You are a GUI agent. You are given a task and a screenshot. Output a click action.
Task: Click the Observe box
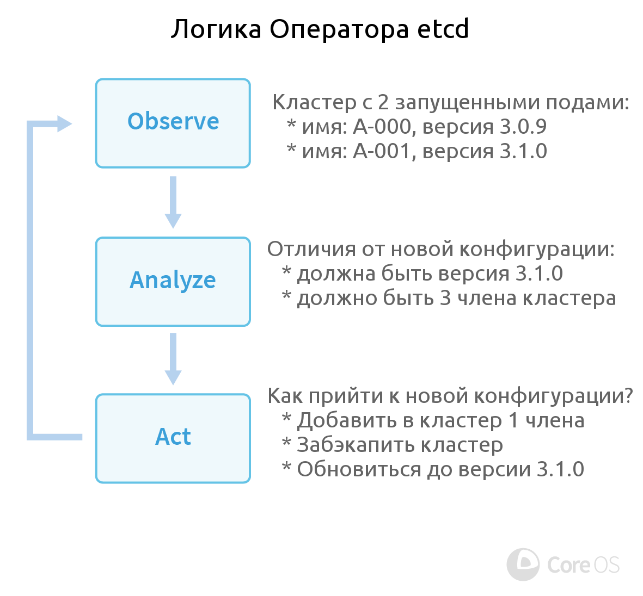tap(173, 123)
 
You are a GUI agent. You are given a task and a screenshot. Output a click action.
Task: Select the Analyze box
tap(173, 281)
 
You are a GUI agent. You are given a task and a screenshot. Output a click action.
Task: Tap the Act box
tap(173, 438)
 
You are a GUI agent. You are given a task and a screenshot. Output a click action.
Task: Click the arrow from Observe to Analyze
tap(173, 202)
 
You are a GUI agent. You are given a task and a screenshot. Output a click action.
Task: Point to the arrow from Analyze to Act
tap(173, 359)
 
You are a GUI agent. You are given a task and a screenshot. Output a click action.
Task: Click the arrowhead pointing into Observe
tap(64, 123)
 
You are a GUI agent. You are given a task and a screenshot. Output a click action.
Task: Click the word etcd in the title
tap(443, 29)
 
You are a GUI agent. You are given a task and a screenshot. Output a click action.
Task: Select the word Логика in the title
tap(216, 29)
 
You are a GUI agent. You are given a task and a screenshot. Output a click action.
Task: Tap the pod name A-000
tap(382, 127)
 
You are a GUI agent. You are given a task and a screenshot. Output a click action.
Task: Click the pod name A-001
tap(382, 151)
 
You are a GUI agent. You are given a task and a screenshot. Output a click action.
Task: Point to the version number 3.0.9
tap(523, 127)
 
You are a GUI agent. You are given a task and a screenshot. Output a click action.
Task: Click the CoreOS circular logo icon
tap(523, 564)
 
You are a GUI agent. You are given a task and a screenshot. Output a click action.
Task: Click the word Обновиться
tap(359, 469)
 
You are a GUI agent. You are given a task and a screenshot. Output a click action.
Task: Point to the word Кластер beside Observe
tap(315, 102)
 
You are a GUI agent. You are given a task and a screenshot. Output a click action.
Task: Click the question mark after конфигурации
tap(628, 395)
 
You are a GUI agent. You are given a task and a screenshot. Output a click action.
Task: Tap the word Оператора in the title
tap(339, 29)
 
